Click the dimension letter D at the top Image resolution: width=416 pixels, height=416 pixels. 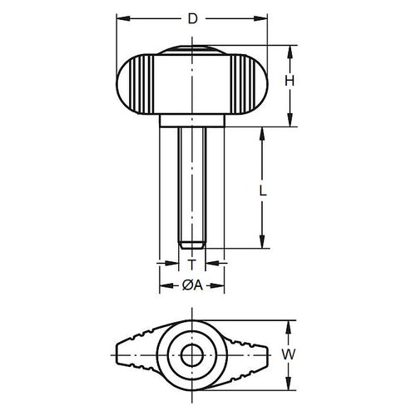coord(193,17)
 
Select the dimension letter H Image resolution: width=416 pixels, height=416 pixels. coord(290,81)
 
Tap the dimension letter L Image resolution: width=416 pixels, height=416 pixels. coord(263,190)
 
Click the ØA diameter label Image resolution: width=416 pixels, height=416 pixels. coord(191,285)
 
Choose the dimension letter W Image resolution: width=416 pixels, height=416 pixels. coord(289,355)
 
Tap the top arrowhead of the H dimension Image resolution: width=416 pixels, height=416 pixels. coord(290,50)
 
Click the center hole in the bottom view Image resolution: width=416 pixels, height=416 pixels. coord(192,355)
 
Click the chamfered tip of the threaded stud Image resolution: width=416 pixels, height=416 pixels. coord(192,244)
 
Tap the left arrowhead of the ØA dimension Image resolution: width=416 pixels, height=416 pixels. coord(163,285)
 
